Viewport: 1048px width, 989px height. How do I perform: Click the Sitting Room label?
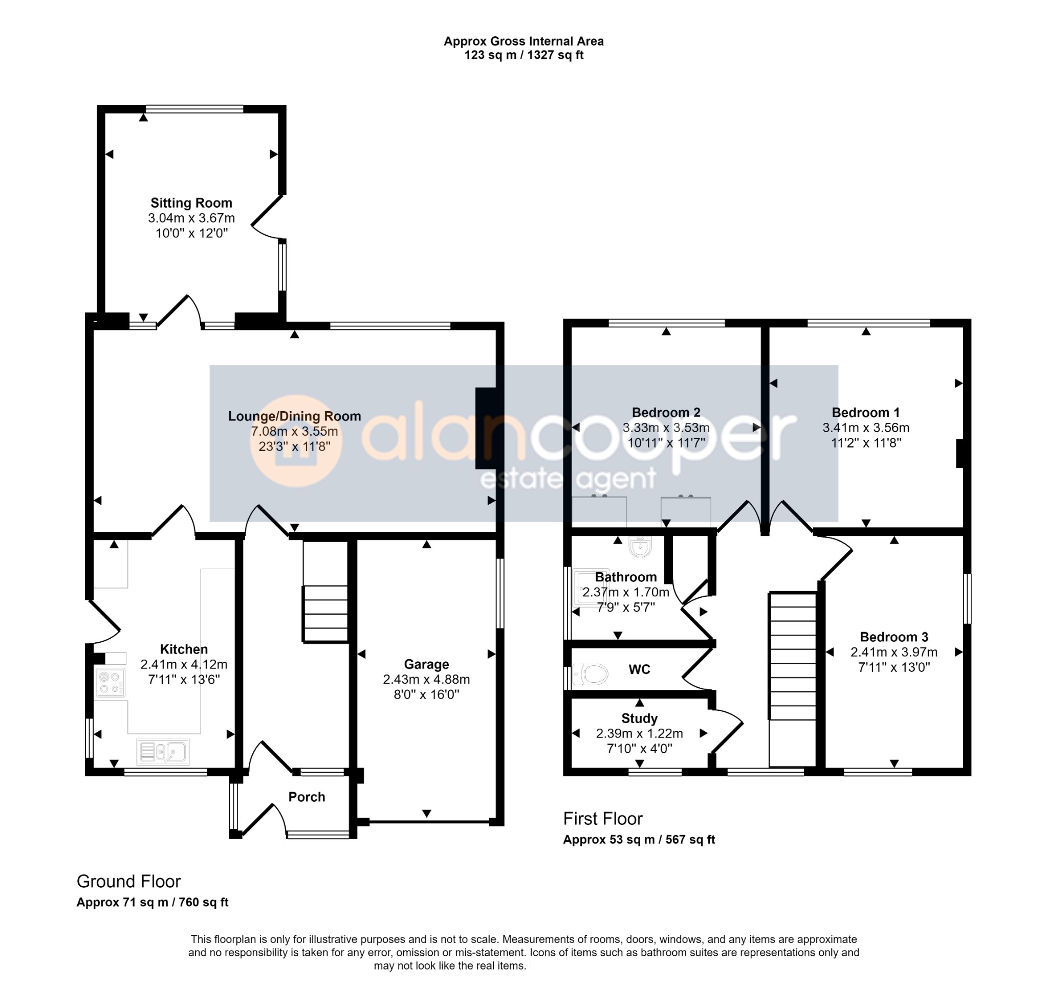[x=191, y=203]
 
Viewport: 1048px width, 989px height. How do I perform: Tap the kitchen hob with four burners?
[x=110, y=682]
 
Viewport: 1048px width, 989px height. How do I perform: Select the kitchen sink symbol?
[x=163, y=752]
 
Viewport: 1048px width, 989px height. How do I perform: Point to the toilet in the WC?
[x=590, y=674]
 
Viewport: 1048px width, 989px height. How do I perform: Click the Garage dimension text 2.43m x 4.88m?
[x=426, y=680]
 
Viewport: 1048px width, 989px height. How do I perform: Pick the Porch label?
[x=307, y=797]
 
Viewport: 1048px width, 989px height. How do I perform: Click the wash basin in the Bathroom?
[x=641, y=547]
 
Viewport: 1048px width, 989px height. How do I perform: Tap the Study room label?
[x=639, y=718]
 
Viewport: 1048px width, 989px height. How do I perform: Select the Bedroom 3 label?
[x=893, y=637]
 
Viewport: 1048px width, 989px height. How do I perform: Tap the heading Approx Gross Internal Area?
[x=523, y=41]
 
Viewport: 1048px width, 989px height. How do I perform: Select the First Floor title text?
[x=603, y=819]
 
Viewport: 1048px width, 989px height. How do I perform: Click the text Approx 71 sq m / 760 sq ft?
[x=152, y=902]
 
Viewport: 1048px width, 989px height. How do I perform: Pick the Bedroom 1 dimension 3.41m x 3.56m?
[x=865, y=428]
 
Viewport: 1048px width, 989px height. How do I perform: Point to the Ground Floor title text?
[x=128, y=882]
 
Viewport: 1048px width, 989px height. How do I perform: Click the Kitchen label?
[x=184, y=649]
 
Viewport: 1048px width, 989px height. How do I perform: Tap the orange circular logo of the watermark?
[x=296, y=441]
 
